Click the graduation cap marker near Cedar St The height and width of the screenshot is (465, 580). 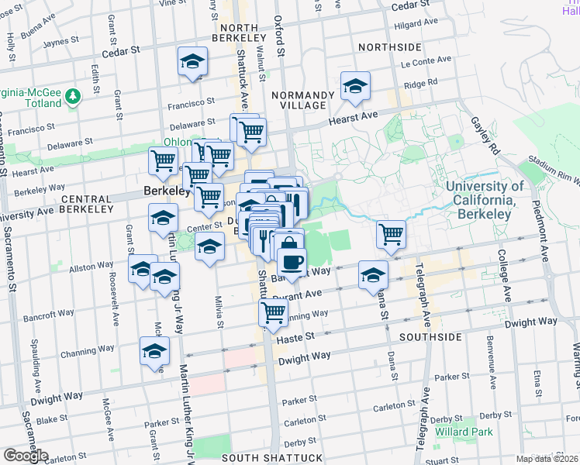(192, 62)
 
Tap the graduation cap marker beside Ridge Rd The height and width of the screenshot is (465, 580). (355, 86)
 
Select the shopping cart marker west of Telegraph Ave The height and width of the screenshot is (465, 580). (392, 233)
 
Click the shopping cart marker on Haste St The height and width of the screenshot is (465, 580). (273, 313)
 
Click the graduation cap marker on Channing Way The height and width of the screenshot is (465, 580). (155, 351)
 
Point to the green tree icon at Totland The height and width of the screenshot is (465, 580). (73, 95)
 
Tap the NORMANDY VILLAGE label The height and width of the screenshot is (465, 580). (303, 100)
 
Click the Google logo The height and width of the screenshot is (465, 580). (26, 456)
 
